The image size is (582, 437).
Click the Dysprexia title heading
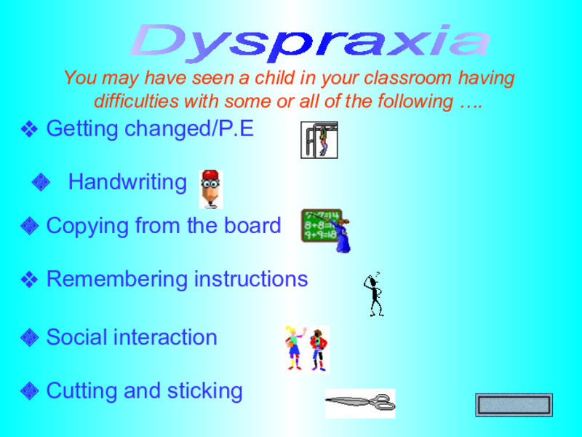coord(310,41)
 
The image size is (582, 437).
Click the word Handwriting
coord(127,182)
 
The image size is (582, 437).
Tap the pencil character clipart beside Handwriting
coord(211,189)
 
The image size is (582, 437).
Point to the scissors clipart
coord(360,402)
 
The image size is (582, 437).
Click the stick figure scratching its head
coord(375,294)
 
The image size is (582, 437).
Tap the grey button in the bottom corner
coord(514,404)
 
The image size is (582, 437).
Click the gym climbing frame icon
coord(319,140)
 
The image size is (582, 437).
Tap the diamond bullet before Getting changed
coord(29,130)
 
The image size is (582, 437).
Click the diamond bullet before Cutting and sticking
coord(29,391)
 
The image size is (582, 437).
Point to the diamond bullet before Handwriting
coord(41,182)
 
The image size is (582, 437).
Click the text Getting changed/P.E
coord(150,130)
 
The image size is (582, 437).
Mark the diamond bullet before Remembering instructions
coord(29,279)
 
